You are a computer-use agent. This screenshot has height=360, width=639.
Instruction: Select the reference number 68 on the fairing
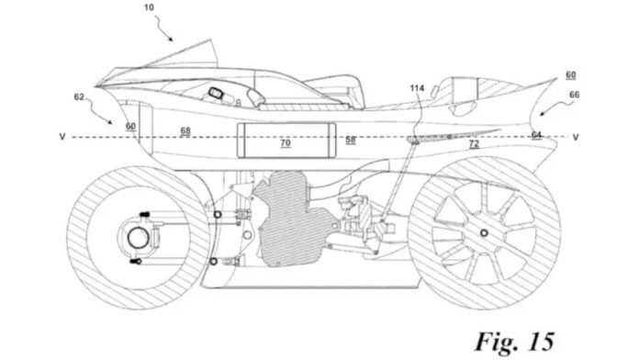tap(185, 132)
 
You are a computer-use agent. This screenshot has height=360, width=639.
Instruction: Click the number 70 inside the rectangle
tap(285, 143)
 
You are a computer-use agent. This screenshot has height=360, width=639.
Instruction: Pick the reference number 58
tap(351, 140)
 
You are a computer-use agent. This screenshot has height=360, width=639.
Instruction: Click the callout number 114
tap(418, 88)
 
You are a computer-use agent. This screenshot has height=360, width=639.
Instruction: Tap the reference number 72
tap(473, 144)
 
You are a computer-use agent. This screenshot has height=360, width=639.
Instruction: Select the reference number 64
tap(534, 134)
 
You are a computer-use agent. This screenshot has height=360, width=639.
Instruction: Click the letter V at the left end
tap(62, 139)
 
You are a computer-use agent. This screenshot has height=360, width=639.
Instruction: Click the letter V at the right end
tap(576, 139)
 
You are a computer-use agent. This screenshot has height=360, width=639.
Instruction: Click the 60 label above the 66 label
tap(570, 74)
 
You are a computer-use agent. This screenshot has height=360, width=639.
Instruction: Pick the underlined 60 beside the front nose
tap(131, 126)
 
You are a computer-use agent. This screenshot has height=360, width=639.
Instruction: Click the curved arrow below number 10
tap(165, 34)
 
